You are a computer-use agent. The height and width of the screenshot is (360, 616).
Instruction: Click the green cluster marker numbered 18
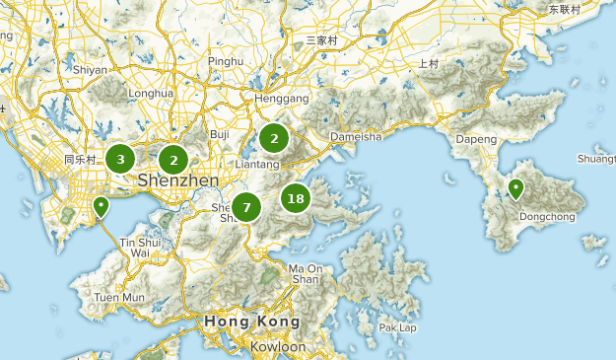295,198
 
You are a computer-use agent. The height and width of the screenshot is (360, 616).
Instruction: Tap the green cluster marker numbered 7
246,207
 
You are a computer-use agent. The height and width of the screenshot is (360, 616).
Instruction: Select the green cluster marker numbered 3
120,158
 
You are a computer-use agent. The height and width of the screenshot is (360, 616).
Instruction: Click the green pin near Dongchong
515,189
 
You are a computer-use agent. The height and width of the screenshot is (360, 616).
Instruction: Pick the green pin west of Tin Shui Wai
101,206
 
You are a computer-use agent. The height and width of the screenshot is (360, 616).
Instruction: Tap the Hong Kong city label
251,323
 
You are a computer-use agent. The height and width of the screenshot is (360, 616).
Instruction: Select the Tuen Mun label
119,297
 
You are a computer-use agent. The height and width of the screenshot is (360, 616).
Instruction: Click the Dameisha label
355,137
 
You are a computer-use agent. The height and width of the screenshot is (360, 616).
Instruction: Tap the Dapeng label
477,139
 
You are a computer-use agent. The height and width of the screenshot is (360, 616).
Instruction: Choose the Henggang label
282,100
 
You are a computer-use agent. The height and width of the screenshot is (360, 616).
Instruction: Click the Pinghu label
226,61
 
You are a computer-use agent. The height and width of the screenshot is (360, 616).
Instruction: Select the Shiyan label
90,70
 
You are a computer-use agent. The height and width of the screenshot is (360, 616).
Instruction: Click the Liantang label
259,164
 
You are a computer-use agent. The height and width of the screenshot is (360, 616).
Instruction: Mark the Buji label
220,133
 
